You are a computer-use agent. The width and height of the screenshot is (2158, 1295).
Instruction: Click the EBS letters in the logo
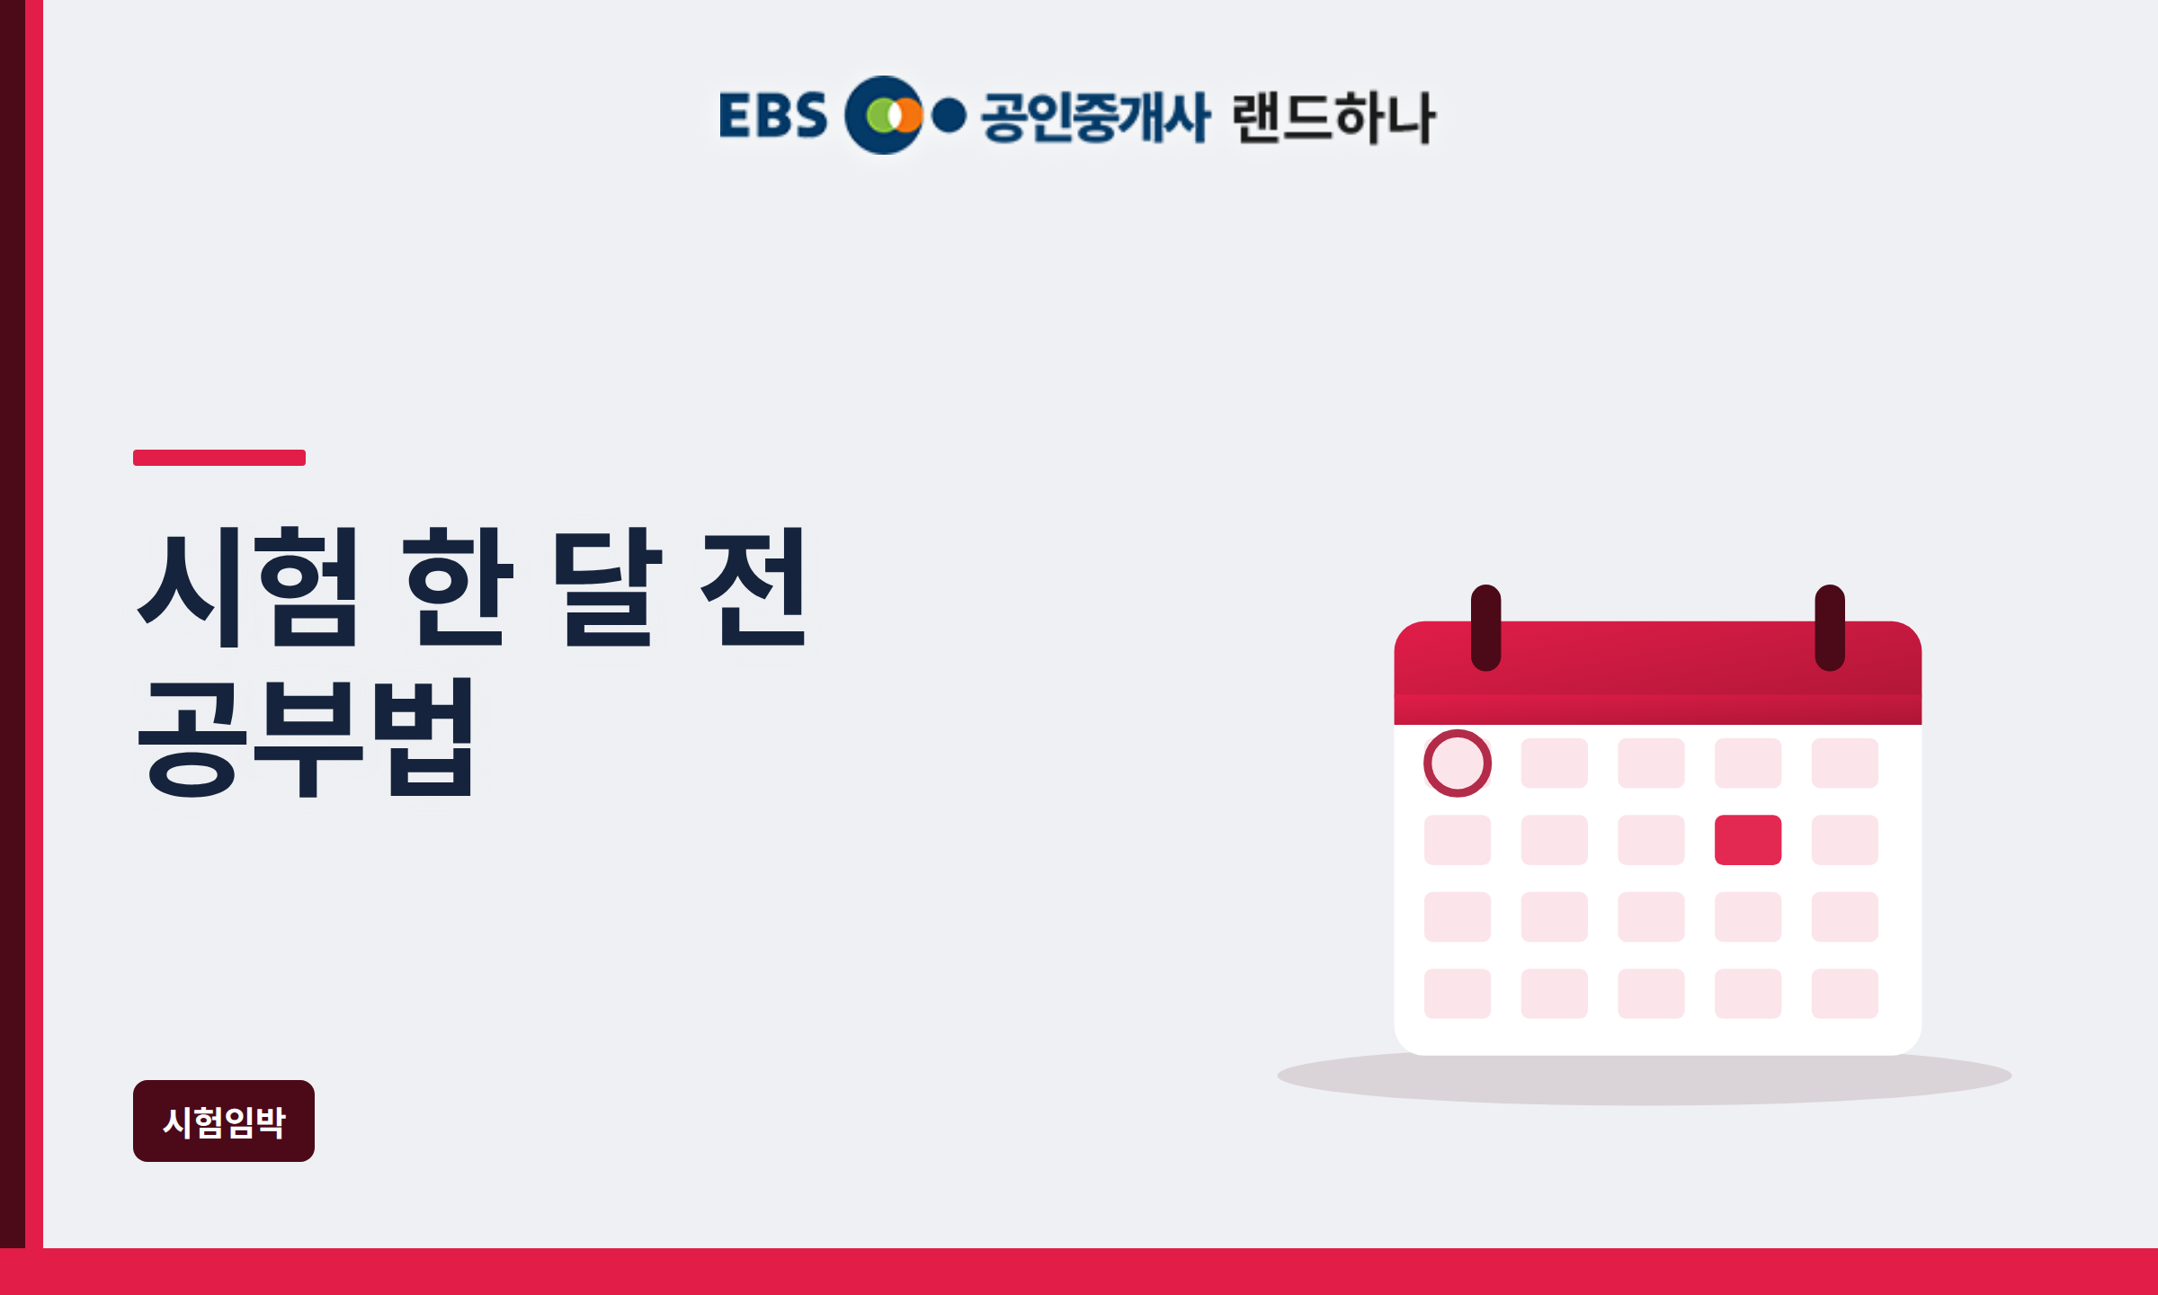pyautogui.click(x=773, y=115)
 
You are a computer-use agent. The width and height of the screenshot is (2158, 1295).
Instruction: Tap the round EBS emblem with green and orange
pyautogui.click(x=884, y=115)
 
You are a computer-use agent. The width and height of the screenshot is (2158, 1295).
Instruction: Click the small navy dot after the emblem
pyautogui.click(x=949, y=115)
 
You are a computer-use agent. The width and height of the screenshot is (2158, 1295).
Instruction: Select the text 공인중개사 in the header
pyautogui.click(x=1096, y=117)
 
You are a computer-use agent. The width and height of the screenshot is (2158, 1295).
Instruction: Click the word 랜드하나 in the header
pyautogui.click(x=1334, y=117)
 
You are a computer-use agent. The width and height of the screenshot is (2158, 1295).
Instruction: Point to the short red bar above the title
pyautogui.click(x=219, y=458)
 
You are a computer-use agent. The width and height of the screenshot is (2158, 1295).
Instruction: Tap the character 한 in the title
pyautogui.click(x=459, y=587)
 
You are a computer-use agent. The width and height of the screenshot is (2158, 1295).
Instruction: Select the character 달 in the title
pyautogui.click(x=607, y=587)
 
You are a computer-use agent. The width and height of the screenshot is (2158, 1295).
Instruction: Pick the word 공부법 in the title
pyautogui.click(x=306, y=737)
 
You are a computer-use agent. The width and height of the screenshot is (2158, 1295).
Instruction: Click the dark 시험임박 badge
pyautogui.click(x=224, y=1121)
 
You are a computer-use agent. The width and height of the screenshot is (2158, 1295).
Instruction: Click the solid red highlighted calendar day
pyautogui.click(x=1748, y=840)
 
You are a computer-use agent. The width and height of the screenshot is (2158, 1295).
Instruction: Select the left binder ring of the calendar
pyautogui.click(x=1486, y=628)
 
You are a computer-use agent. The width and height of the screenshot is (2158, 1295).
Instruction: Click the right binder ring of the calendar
pyautogui.click(x=1830, y=628)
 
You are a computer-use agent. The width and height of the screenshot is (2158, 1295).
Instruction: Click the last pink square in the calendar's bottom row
pyautogui.click(x=1845, y=994)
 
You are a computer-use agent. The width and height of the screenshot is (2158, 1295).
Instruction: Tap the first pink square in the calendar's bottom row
pyautogui.click(x=1458, y=994)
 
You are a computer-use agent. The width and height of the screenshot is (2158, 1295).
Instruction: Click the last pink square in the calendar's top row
pyautogui.click(x=1845, y=764)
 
